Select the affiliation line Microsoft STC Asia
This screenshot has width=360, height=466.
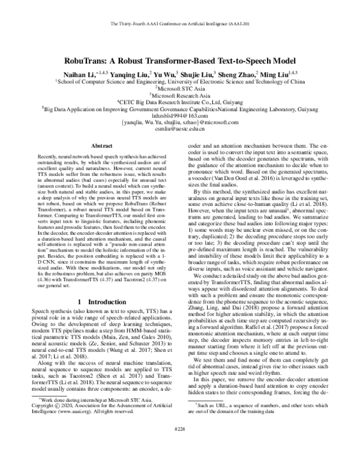181,89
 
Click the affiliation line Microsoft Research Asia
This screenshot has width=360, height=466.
181,95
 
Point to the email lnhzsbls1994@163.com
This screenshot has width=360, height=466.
180,116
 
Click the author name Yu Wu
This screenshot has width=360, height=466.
160,74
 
